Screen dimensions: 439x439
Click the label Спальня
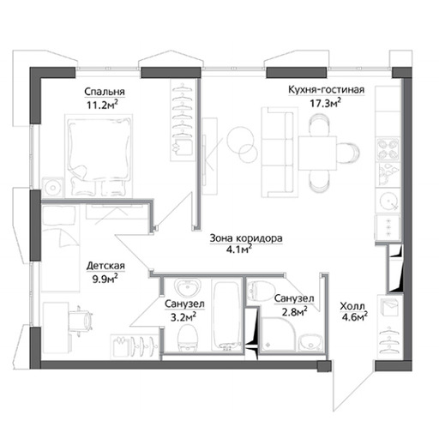[x=105, y=92]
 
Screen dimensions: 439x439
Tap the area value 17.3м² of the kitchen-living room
[x=326, y=103]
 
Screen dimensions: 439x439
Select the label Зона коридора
[x=246, y=238]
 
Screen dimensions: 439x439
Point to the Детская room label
[x=105, y=266]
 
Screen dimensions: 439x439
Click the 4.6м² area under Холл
[x=354, y=316]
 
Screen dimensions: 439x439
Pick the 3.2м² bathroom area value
[x=183, y=316]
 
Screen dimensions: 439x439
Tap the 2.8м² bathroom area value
[x=295, y=312]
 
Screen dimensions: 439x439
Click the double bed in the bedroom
[x=99, y=156]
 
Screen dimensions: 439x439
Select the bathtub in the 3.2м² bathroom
[x=227, y=316]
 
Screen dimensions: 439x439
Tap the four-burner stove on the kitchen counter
[x=388, y=149]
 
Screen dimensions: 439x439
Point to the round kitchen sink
[x=388, y=201]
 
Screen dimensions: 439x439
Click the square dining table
[x=317, y=153]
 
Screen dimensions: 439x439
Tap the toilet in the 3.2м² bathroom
[x=187, y=339]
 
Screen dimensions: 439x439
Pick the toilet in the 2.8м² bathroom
[x=260, y=291]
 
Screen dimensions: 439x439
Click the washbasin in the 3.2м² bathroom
[x=188, y=287]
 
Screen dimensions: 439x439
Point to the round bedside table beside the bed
[x=52, y=188]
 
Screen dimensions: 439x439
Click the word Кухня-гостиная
[x=326, y=90]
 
